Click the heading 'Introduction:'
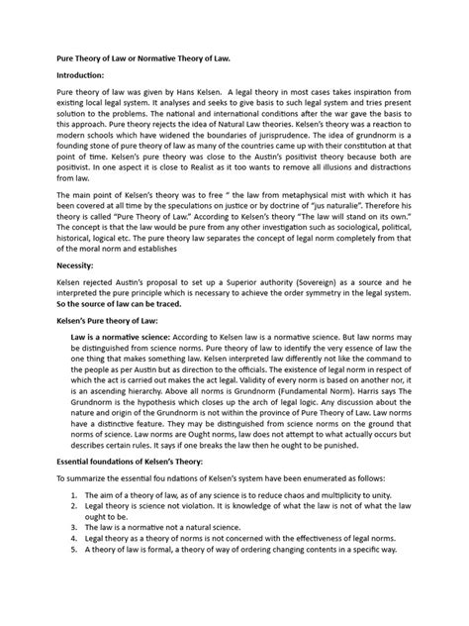[x=74, y=71]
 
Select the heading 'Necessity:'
[x=67, y=293]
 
